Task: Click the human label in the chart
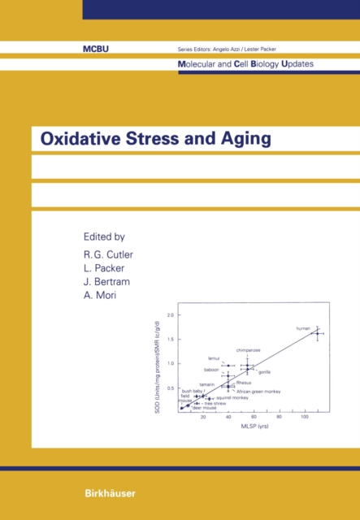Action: coord(303,328)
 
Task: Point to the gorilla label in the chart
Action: coord(264,371)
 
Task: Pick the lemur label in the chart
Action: coord(214,357)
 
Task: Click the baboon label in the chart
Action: coord(211,370)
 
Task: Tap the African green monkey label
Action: coord(258,391)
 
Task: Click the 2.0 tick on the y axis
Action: coord(171,314)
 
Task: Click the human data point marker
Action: coord(315,333)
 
